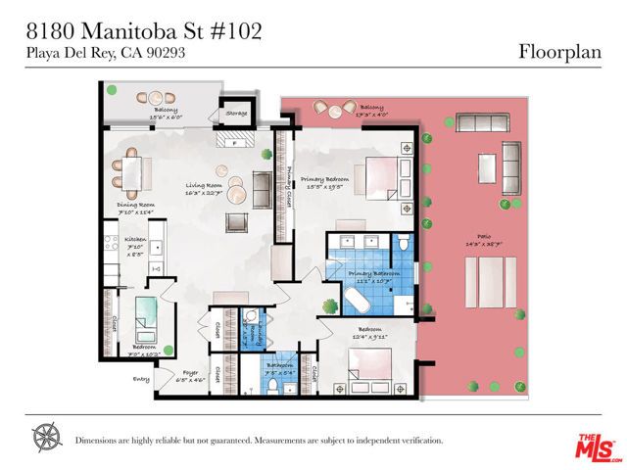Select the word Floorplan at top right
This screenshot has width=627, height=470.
[566, 50]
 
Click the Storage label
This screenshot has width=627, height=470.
[236, 114]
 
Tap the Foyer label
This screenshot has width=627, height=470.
[191, 372]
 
